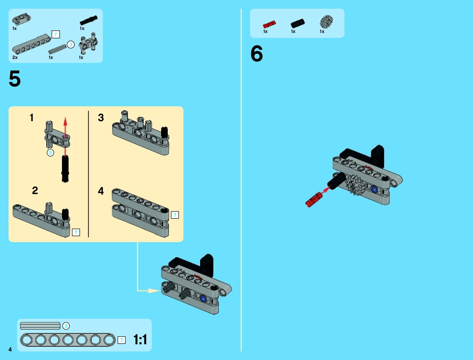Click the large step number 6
tap(257, 54)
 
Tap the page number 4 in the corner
tap(10, 349)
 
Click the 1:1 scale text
tap(140, 340)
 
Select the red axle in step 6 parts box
tap(269, 24)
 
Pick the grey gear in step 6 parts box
tap(326, 21)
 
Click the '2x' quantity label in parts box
tap(15, 57)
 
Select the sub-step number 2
tap(35, 190)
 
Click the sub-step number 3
tap(101, 118)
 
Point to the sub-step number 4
tap(101, 191)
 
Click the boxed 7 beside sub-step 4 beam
tap(175, 215)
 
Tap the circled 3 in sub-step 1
tap(50, 153)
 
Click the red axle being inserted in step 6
tap(314, 199)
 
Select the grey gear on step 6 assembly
tap(355, 185)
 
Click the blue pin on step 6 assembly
tap(375, 190)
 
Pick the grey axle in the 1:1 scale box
tap(40, 326)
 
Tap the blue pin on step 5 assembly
tap(203, 299)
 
